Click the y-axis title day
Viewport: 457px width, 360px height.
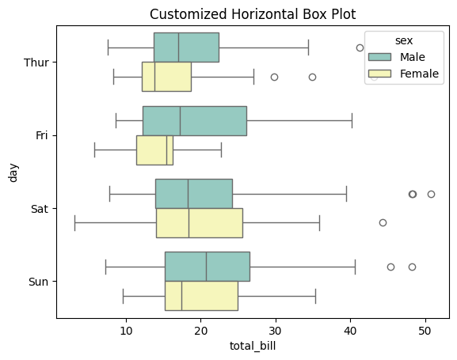[x=12, y=172]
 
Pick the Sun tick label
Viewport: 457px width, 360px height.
[x=40, y=281]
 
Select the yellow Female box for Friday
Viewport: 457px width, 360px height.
[x=154, y=150]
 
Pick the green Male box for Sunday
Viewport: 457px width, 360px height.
[x=207, y=267]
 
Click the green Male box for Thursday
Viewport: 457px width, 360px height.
[x=186, y=47]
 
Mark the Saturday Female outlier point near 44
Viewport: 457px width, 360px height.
[x=383, y=223]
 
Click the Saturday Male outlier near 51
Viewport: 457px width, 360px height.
[x=431, y=194]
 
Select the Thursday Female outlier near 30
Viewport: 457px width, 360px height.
[x=274, y=77]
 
